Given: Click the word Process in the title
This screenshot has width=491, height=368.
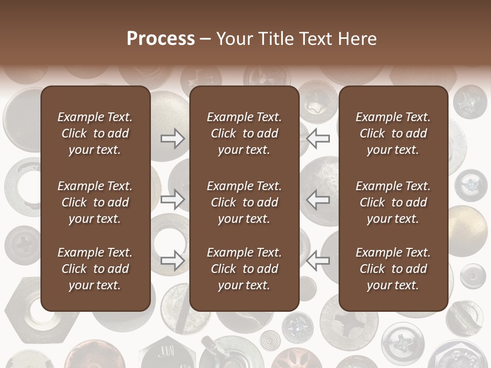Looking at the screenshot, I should coord(161,39).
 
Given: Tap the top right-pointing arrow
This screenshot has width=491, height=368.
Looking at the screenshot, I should coord(172,138).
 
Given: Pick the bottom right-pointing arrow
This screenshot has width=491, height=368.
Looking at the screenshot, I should coord(172,260).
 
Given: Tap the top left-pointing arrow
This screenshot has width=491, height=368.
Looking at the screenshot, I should coord(318,138).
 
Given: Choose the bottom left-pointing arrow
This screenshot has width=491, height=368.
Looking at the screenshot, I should coord(318,260).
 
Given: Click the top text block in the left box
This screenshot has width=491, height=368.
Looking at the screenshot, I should coord(95,133).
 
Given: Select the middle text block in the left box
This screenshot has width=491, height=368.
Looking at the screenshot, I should coord(95,202).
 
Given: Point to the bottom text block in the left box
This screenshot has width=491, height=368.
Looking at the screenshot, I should coord(95,269).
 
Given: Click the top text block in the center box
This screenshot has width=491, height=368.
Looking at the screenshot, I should coord(244,133).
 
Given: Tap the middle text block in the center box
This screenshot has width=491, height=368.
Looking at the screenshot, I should coord(244,202).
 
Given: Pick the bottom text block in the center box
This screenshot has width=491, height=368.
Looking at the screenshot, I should coord(244,269).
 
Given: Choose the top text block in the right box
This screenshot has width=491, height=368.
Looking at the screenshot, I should coord(393,133).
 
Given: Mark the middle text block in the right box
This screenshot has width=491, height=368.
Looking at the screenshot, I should coord(393,202).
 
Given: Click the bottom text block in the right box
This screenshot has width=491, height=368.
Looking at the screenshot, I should coord(393,269).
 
